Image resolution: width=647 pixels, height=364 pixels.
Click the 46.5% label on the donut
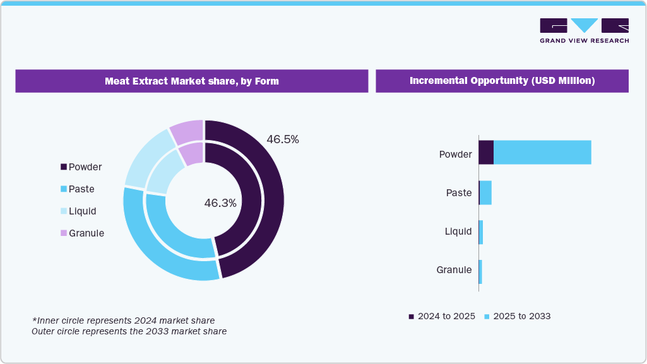tap(282, 139)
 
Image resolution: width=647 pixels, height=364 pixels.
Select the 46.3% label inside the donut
tap(220, 203)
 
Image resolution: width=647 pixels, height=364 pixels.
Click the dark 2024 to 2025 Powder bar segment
tap(486, 153)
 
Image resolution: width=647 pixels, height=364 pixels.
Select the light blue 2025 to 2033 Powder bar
tap(542, 153)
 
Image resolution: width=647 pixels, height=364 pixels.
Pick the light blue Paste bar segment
tap(485, 192)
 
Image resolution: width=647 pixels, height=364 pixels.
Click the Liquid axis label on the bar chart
tap(458, 232)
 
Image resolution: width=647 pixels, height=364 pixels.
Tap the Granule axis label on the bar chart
tap(454, 270)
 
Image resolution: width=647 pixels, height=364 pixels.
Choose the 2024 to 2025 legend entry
tap(442, 316)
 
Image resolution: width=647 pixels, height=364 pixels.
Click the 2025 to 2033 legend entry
tap(517, 316)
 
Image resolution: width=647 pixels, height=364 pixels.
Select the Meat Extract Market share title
tap(191, 81)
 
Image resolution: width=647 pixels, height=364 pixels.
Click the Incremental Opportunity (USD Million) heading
tap(502, 81)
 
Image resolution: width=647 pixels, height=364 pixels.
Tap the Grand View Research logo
tap(584, 31)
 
